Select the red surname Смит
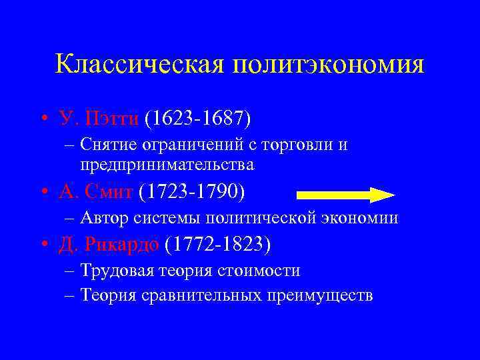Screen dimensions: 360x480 point(110,192)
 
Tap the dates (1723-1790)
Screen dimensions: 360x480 point(192,192)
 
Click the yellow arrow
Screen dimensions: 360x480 point(345,195)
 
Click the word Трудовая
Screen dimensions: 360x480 point(116,270)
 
